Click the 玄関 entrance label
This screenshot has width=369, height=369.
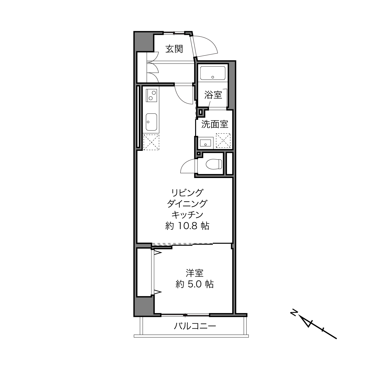coord(174,49)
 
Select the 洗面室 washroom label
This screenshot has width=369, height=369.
coord(215,124)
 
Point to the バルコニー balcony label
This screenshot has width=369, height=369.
coord(195,326)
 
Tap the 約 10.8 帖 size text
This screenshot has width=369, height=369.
coord(187,226)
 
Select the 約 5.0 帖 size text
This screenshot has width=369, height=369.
coord(195,284)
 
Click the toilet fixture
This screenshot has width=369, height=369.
coord(214,164)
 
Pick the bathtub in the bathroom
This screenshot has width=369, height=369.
coord(213,73)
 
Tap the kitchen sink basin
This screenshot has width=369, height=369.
coord(151,122)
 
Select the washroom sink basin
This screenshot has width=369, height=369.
coord(205,143)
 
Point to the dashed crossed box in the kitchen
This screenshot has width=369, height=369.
coord(151,142)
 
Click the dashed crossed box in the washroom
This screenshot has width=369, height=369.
coord(223,141)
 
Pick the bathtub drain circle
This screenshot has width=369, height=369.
coord(213,77)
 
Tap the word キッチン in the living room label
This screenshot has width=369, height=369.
coord(187,215)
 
